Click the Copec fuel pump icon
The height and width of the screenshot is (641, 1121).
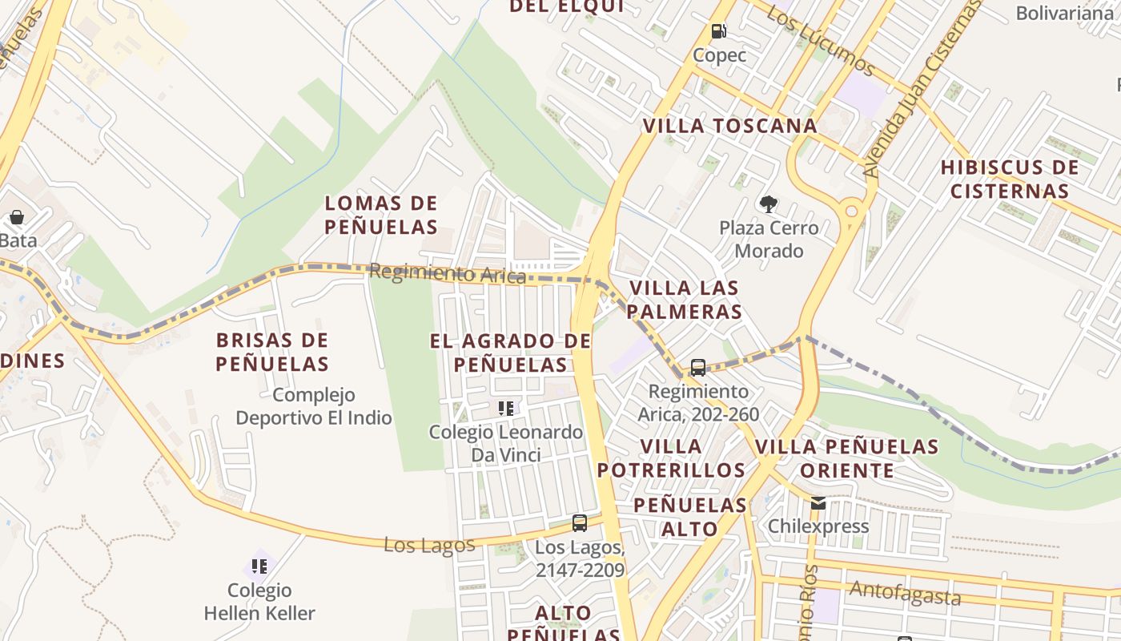point(719,32)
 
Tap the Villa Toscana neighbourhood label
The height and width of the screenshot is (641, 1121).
point(729,126)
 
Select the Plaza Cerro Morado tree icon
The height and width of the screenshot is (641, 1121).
point(769,204)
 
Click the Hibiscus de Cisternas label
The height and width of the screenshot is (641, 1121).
point(1009,179)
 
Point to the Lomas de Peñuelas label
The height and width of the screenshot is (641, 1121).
point(381,215)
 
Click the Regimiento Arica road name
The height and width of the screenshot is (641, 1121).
point(447,274)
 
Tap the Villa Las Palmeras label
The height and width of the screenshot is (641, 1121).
point(685,300)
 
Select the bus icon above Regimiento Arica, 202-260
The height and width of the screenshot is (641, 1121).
point(698,368)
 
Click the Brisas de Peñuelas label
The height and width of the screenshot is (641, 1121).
point(272,352)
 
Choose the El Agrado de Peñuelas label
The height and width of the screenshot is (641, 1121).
point(510,353)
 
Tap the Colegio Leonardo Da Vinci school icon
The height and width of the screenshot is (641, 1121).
point(506,409)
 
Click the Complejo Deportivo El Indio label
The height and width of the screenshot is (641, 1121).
point(314,406)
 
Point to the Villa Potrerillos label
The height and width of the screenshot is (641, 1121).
point(671,458)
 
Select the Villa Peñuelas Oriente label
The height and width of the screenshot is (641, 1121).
point(846,458)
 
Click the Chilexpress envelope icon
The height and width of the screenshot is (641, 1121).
point(818,503)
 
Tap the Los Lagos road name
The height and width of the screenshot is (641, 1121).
point(429,545)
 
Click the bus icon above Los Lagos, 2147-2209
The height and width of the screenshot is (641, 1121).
point(580,523)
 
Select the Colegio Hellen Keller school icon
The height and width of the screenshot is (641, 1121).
point(259,566)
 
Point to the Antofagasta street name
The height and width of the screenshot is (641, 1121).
point(905,594)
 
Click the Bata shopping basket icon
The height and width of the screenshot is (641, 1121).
point(16,217)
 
